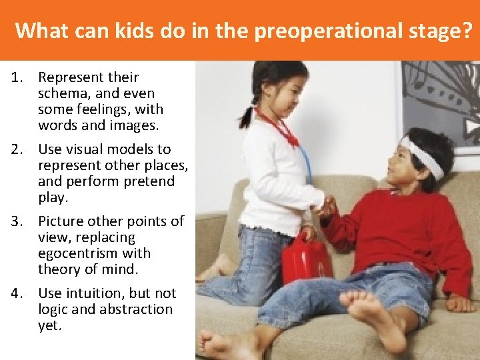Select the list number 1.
pos(17,77)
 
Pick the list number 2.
pos(17,149)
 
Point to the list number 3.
pos(17,221)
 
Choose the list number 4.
pos(17,293)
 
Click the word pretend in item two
pos(150,181)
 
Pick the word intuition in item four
pos(93,293)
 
